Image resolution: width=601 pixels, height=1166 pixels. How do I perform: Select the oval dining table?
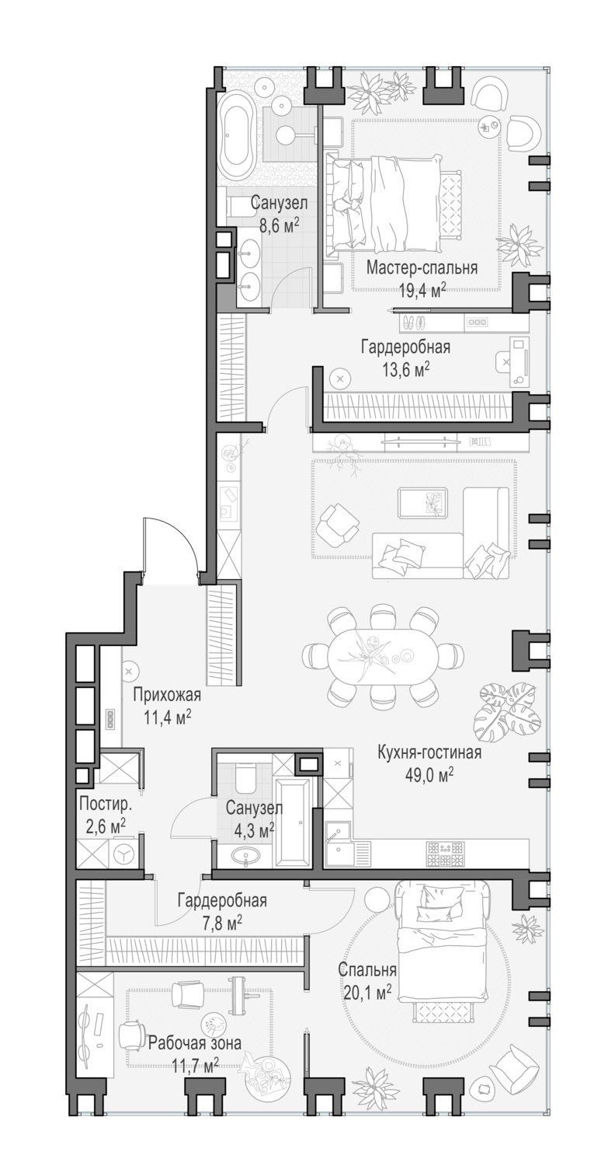(x=380, y=657)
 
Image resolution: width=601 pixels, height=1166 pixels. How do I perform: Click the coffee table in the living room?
(x=422, y=503)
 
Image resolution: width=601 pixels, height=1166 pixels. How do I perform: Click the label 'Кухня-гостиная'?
(x=429, y=752)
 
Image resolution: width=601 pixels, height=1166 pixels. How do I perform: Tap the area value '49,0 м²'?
(x=429, y=774)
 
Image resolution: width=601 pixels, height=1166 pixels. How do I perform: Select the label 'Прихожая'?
(x=166, y=695)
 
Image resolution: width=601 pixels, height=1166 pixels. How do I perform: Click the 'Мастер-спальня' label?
(x=422, y=268)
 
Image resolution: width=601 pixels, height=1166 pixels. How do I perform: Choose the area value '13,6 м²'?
(x=405, y=369)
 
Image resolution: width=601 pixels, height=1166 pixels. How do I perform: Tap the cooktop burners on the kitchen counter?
(x=445, y=855)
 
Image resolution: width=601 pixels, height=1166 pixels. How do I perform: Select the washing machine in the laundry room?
(x=122, y=853)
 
